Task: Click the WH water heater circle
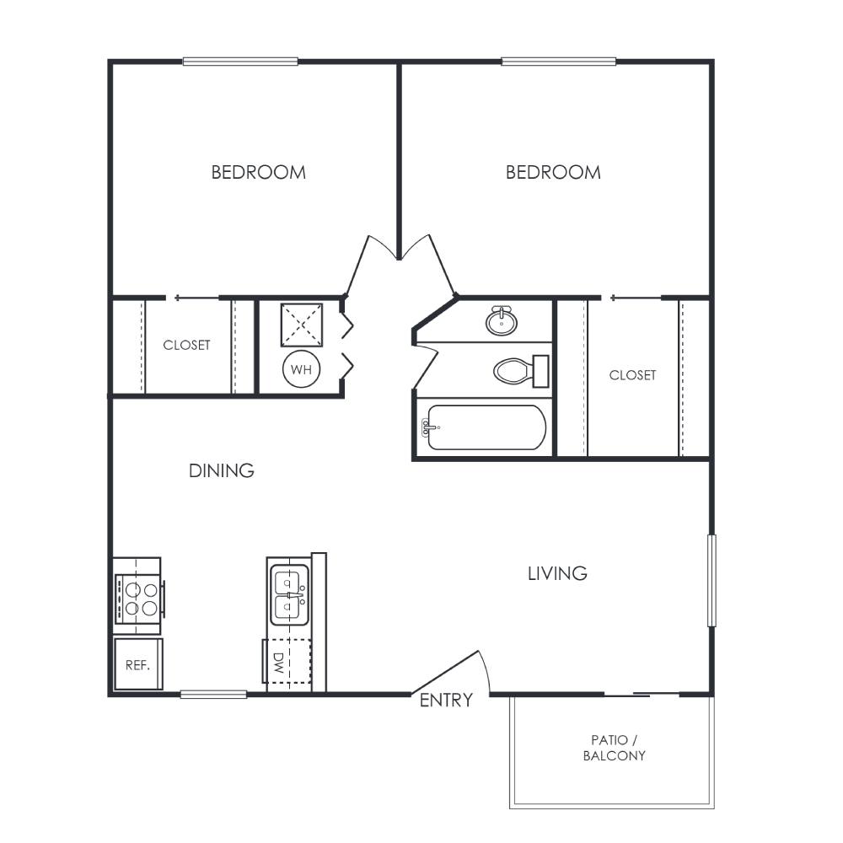(301, 369)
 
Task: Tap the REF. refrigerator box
(137, 664)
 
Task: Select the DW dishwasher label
(278, 663)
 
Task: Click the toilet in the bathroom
(521, 371)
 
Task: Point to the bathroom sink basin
(502, 321)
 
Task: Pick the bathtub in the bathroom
(486, 427)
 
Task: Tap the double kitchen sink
(289, 594)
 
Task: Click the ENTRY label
(446, 700)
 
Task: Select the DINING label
(222, 471)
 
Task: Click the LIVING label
(557, 573)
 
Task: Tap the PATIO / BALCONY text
(615, 748)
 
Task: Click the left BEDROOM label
(259, 173)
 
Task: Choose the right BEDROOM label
(553, 173)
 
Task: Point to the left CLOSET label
(186, 345)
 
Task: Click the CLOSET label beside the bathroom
(633, 375)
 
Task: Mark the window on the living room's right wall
(711, 581)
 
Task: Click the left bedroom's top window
(240, 62)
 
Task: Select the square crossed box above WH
(302, 325)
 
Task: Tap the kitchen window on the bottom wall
(213, 695)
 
